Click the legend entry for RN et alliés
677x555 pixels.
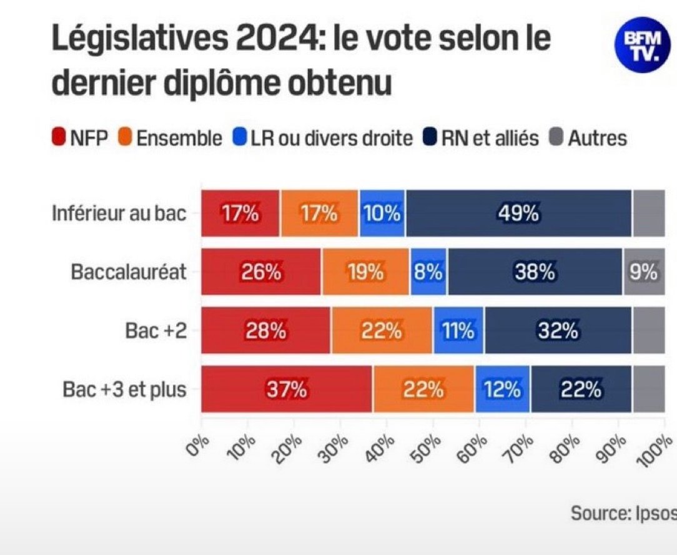point(481,138)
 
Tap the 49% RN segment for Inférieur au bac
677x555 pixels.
point(518,214)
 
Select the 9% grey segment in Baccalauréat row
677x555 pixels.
point(643,272)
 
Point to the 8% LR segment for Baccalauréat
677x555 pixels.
point(429,272)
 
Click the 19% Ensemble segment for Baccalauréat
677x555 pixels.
point(365,272)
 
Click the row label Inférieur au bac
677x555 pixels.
point(119,214)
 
